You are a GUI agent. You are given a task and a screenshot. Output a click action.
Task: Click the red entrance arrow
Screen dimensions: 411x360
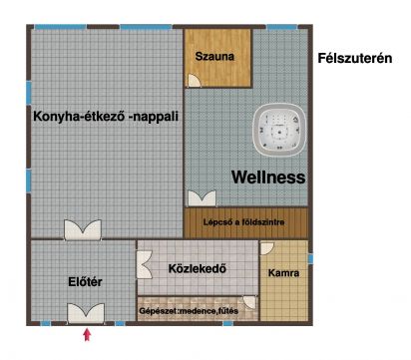pyautogui.click(x=87, y=335)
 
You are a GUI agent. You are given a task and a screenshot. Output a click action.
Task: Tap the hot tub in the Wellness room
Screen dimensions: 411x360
pyautogui.click(x=279, y=130)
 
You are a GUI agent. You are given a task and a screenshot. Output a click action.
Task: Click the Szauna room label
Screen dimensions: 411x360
pyautogui.click(x=214, y=56)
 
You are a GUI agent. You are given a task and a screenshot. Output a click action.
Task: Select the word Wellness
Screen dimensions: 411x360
pyautogui.click(x=268, y=177)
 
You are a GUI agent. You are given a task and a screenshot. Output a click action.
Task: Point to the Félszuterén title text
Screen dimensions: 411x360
pyautogui.click(x=355, y=58)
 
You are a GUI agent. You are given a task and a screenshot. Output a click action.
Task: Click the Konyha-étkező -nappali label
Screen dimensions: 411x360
pyautogui.click(x=106, y=117)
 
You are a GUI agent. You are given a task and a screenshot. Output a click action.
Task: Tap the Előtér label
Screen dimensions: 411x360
pyautogui.click(x=85, y=282)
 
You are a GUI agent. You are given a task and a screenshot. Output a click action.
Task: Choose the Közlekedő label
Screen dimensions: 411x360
pyautogui.click(x=198, y=268)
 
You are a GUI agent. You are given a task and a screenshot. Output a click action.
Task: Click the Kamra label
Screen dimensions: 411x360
pyautogui.click(x=283, y=273)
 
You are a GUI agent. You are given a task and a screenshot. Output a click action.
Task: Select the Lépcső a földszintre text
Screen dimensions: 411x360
pyautogui.click(x=243, y=222)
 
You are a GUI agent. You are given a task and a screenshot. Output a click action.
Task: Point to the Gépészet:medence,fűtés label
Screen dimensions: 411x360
pyautogui.click(x=189, y=311)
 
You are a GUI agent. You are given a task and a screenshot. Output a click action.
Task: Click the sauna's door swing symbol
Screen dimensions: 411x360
pyautogui.click(x=195, y=81)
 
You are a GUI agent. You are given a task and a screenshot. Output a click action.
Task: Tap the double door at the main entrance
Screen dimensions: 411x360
pyautogui.click(x=86, y=313)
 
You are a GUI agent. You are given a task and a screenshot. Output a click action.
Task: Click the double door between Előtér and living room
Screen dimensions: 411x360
pyautogui.click(x=83, y=229)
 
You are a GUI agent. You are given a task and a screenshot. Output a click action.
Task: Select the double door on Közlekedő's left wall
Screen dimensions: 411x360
pyautogui.click(x=145, y=264)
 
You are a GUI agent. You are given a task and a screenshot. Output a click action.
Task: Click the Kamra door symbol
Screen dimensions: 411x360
pyautogui.click(x=266, y=248)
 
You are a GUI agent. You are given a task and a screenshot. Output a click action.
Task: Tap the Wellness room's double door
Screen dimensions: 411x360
pyautogui.click(x=202, y=197)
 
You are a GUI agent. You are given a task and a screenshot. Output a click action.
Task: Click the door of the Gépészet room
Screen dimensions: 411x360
pyautogui.click(x=249, y=302)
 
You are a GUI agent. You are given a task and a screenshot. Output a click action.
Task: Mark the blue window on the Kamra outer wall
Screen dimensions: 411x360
pyautogui.click(x=310, y=259)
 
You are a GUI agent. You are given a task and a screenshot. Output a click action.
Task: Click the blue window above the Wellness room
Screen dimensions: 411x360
pyautogui.click(x=282, y=27)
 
